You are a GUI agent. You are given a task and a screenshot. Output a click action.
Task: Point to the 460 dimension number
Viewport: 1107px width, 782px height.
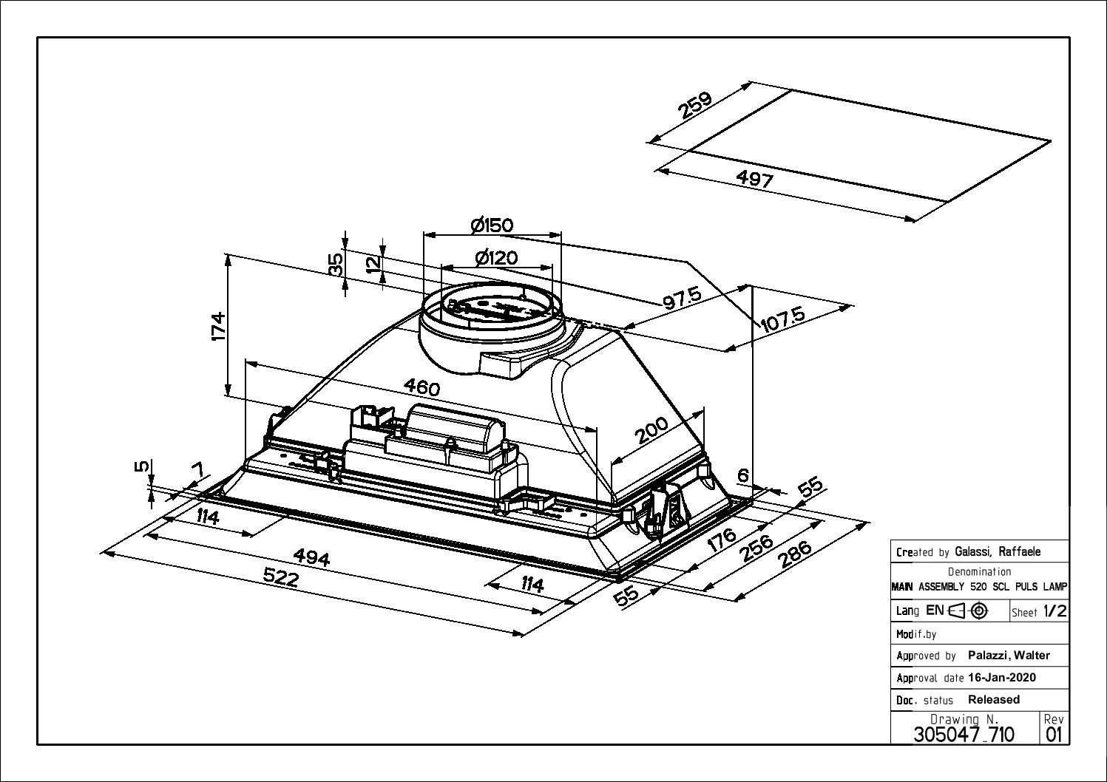(422, 387)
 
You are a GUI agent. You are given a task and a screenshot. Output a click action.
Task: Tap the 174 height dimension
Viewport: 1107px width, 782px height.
(217, 326)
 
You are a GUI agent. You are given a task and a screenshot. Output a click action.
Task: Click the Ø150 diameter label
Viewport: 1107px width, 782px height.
(492, 225)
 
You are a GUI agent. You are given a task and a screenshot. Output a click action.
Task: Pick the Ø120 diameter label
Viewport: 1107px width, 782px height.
(496, 258)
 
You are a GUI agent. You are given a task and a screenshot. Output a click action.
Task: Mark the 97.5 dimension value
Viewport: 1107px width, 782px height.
(681, 299)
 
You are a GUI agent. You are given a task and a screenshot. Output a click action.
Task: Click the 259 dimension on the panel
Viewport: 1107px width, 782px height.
(695, 105)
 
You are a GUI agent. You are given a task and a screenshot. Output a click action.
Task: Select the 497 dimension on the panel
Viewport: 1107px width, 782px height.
(755, 179)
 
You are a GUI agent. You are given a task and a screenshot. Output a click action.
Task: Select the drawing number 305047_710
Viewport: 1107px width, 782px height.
(964, 734)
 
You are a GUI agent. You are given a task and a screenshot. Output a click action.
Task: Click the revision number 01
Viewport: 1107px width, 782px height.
(1053, 734)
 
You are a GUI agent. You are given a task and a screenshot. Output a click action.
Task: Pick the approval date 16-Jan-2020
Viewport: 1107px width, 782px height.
(1001, 678)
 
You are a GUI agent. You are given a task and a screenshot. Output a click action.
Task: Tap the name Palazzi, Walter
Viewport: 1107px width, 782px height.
(1009, 656)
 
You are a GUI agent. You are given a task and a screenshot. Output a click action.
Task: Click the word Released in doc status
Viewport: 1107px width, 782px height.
(993, 699)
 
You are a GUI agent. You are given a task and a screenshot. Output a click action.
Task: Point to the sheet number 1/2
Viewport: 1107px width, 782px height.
(1054, 611)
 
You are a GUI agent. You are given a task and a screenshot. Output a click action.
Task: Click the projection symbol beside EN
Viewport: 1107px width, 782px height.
(969, 611)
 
